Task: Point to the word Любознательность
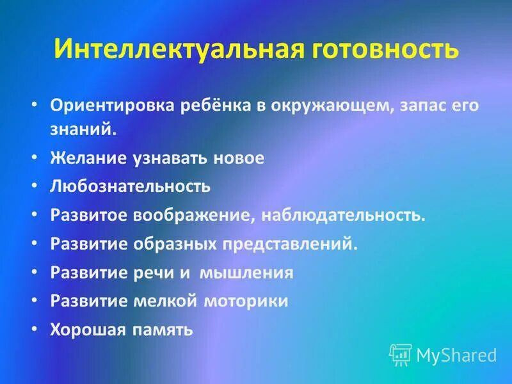point(131,187)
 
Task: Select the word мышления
point(247,273)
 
